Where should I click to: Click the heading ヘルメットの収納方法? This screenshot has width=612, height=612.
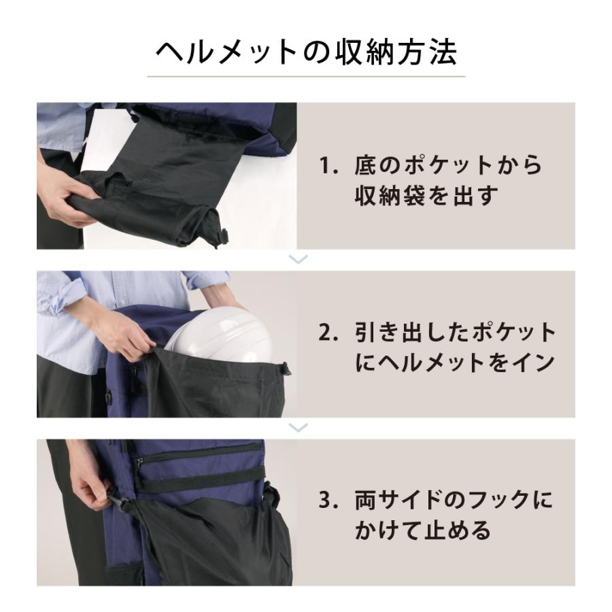tap(306, 52)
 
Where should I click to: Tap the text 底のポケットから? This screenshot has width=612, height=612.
tap(448, 166)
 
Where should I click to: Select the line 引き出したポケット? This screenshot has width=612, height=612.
tap(455, 334)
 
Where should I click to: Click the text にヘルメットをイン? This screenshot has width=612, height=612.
tap(455, 363)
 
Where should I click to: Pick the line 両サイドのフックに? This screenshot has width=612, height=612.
tap(454, 502)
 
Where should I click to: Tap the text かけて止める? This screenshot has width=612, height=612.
tap(422, 531)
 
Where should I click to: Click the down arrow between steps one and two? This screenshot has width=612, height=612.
tap(299, 259)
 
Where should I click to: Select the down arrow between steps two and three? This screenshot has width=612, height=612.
tap(299, 427)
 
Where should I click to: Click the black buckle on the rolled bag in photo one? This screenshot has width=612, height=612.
tap(222, 235)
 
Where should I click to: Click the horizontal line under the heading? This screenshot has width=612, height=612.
tap(306, 76)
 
